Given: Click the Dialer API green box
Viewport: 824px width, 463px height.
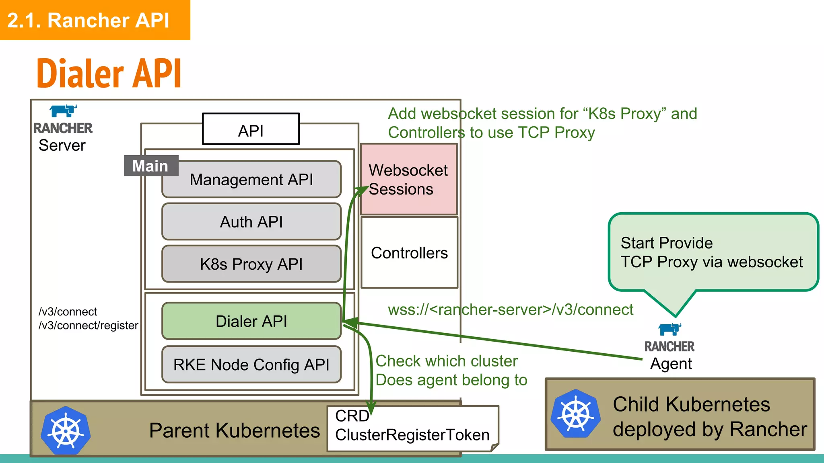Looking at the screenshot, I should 251,321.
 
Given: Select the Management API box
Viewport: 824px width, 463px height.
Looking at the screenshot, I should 251,179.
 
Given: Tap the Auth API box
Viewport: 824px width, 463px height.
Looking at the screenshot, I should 251,221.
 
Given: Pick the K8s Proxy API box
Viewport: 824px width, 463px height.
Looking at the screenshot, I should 251,264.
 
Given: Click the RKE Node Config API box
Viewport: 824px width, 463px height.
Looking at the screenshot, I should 251,364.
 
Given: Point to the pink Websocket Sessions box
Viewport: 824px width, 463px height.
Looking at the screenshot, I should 409,179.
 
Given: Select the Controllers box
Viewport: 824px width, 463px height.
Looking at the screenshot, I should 409,253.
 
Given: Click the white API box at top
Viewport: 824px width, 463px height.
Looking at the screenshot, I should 251,129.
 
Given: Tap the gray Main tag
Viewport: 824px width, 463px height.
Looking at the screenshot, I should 151,166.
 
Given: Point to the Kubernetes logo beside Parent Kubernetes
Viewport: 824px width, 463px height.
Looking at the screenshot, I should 66,431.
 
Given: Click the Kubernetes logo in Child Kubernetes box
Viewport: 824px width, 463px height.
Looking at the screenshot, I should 576,414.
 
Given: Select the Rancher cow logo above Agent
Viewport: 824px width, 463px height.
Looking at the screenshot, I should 669,330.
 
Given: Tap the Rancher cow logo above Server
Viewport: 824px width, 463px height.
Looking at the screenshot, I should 63,111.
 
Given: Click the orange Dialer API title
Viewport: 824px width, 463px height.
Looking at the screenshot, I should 109,73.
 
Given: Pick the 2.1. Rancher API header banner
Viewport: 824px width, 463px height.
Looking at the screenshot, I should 95,20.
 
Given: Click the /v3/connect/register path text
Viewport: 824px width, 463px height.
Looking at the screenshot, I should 89,325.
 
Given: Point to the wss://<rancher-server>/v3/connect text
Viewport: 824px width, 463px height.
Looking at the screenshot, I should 510,309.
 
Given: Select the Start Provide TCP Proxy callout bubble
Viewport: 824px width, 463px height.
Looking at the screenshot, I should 713,252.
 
